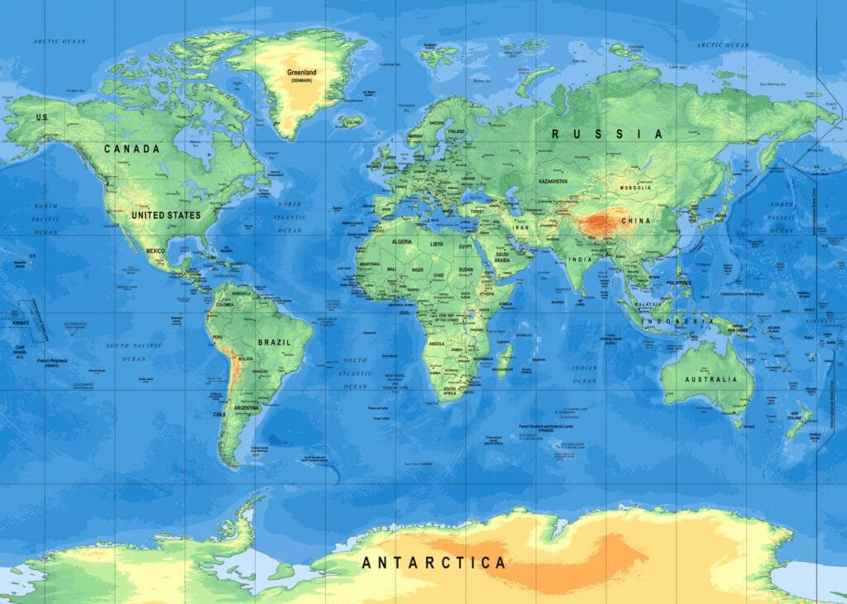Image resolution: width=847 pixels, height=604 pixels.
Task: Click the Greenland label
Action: tap(301, 72)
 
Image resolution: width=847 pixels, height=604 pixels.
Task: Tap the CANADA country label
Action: tap(132, 149)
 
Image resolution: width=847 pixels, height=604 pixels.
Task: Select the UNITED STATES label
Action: tap(165, 215)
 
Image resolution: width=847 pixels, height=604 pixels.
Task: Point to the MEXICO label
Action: tap(156, 250)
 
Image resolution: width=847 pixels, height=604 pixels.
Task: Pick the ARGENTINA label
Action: tap(246, 408)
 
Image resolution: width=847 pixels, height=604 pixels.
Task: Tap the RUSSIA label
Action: tap(608, 133)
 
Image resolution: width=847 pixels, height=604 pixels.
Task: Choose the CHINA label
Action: tap(636, 221)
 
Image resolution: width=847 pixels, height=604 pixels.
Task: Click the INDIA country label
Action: tap(579, 259)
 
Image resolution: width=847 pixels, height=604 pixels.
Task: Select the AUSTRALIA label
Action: tap(711, 379)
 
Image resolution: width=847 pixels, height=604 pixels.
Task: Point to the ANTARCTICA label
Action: tap(433, 563)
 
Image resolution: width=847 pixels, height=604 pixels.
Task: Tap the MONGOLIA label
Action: tap(636, 188)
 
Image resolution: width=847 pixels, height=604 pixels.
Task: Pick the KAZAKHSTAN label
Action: tap(553, 181)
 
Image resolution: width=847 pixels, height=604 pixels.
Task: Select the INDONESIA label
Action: tap(682, 321)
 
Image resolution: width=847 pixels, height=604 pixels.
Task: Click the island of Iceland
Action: tap(350, 121)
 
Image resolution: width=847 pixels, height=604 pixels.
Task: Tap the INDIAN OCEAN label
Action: tap(584, 373)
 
